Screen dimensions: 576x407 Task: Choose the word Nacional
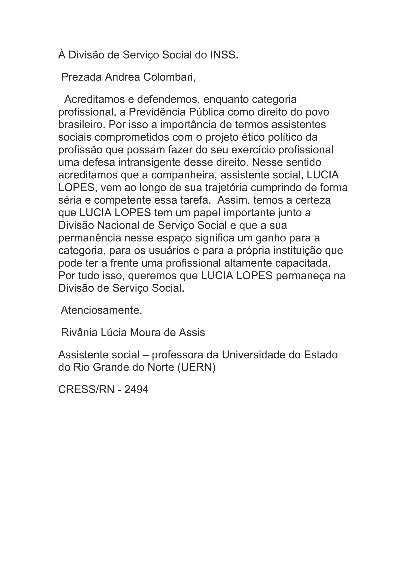click(118, 225)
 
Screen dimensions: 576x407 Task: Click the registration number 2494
click(136, 390)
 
